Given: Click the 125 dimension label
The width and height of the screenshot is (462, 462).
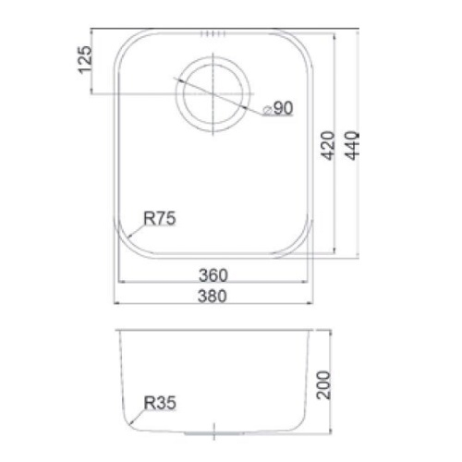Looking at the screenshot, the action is tap(85, 60).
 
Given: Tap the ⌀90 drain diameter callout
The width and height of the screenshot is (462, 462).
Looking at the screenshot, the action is tap(277, 108).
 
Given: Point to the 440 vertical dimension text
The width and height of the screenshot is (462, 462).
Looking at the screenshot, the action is tap(351, 145).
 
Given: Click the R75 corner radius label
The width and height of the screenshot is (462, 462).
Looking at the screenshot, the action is tap(160, 218).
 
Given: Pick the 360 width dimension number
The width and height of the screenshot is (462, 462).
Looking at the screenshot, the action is tap(213, 275).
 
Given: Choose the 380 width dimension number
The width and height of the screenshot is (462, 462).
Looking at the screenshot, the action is tap(213, 296).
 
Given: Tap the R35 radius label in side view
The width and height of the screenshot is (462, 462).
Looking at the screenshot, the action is tap(160, 403).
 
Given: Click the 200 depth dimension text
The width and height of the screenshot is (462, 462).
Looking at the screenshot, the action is tap(323, 385).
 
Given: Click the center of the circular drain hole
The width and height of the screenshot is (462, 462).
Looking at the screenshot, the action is tap(213, 93).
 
